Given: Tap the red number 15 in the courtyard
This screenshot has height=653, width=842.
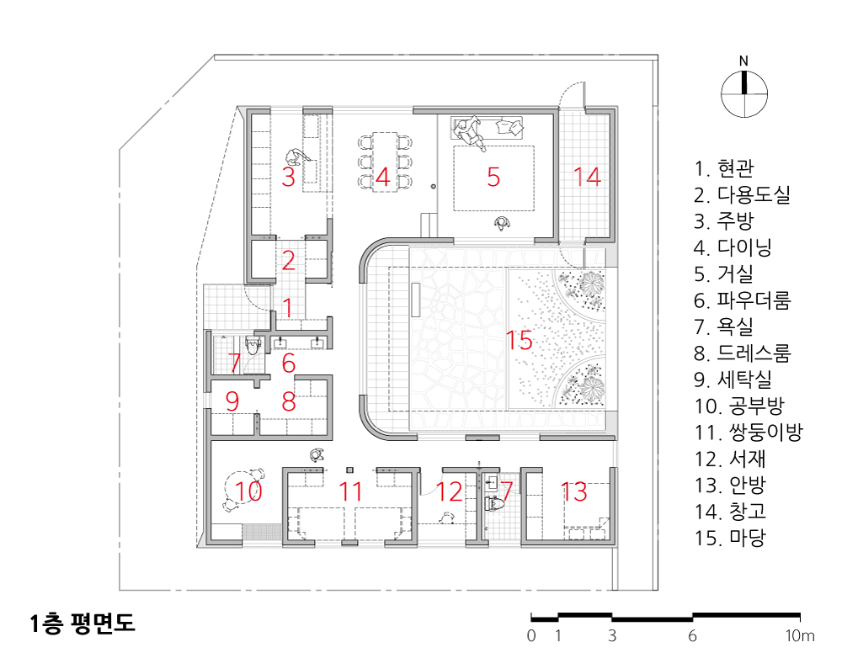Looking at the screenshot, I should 520,341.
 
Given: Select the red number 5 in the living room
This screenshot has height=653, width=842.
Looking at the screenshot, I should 493,177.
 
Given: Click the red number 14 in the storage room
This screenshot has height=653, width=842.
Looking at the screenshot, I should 587,177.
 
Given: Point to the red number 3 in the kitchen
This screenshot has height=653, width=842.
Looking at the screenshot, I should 288,177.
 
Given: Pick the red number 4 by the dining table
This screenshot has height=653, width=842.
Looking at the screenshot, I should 381,177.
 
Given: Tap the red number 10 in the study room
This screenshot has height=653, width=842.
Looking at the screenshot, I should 248,491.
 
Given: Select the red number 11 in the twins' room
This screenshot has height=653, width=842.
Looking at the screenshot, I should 349,491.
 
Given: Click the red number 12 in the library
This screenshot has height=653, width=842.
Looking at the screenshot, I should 449,491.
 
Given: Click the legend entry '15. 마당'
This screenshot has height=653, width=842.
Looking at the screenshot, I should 730,537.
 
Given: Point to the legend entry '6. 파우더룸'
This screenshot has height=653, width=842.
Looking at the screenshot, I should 743,300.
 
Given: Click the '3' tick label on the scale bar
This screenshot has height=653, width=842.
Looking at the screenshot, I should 612,635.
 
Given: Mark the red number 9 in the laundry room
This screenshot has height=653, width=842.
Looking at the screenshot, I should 232,401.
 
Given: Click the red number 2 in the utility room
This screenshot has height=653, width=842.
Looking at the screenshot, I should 288,261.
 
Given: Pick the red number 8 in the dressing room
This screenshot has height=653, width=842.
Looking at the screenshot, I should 289,401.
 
